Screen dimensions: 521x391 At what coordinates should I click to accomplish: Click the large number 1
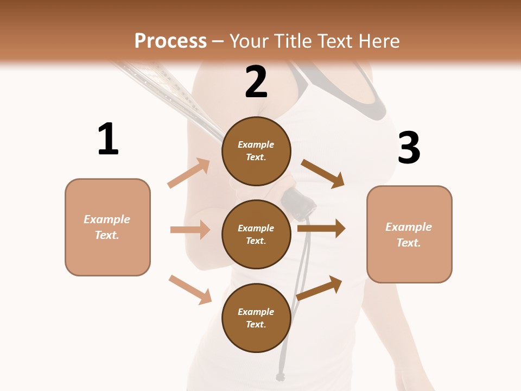tap(108, 140)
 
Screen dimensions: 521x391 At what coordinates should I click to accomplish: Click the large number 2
tap(256, 82)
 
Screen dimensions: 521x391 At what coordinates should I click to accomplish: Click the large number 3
tap(409, 148)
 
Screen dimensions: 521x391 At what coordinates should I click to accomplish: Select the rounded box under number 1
tap(107, 227)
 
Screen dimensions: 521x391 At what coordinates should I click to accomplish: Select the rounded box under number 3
tap(409, 234)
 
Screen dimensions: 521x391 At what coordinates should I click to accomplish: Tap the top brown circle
tap(256, 151)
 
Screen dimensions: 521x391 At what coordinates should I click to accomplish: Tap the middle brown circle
tap(256, 234)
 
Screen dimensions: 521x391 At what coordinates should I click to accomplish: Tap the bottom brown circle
tap(256, 318)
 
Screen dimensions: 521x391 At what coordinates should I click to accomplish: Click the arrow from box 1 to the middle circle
tap(190, 230)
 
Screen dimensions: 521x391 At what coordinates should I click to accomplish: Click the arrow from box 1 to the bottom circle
tap(190, 289)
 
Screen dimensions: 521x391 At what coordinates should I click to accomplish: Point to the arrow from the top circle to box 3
tap(323, 174)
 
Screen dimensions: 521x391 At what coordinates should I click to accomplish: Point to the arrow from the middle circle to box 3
tap(321, 228)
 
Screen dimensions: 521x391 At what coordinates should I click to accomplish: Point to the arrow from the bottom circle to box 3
tap(320, 288)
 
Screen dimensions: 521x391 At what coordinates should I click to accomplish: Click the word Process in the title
tap(170, 41)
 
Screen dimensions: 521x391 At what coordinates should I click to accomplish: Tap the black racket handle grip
tap(299, 205)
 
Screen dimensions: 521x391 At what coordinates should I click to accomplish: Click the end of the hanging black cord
tap(280, 376)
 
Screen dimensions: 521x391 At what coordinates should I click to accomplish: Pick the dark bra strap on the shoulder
tap(374, 100)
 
